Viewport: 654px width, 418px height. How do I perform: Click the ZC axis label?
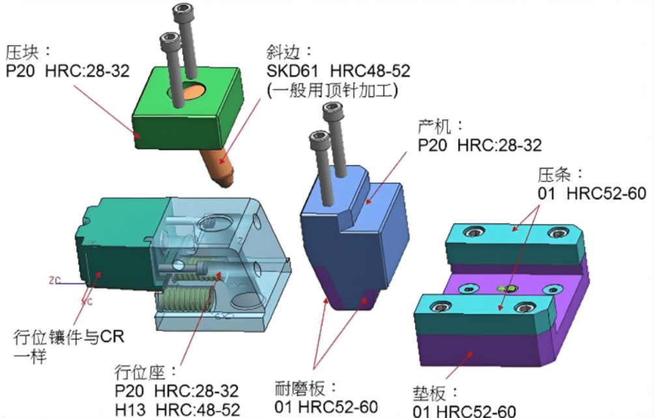click(55, 280)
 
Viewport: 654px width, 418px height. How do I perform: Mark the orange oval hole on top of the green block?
click(192, 91)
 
